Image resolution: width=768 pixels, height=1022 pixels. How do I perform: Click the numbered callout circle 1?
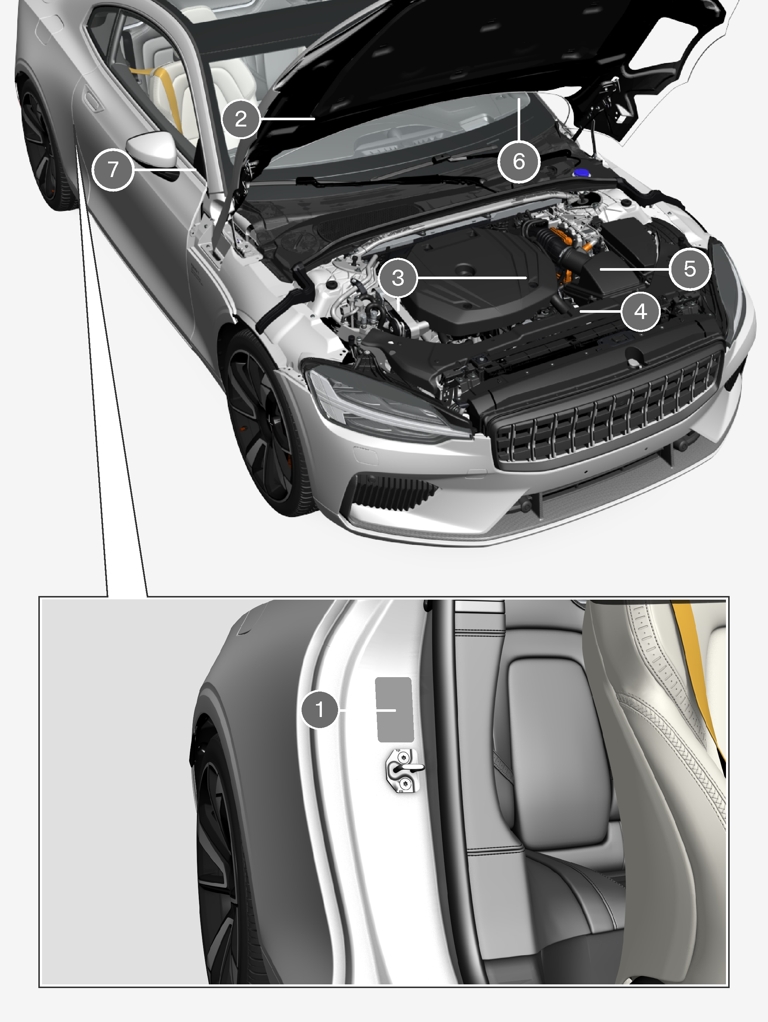tap(319, 709)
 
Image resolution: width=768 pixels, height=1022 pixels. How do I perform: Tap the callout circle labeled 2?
tap(241, 119)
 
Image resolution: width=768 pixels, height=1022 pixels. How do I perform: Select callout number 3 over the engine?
tap(397, 278)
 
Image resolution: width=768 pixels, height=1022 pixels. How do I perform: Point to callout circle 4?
tap(640, 311)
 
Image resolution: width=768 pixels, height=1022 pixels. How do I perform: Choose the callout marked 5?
tap(689, 269)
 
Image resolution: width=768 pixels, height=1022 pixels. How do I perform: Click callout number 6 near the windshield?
tap(519, 161)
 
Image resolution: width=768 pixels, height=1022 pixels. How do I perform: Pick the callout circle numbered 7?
tap(113, 170)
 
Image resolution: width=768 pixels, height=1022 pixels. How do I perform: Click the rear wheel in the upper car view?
tap(44, 143)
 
